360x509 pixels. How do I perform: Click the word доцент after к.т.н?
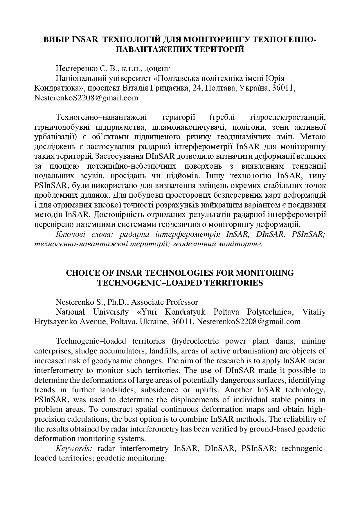(x=157, y=69)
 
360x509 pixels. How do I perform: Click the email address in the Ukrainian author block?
(x=86, y=98)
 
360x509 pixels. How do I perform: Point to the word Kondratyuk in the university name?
(x=185, y=312)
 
